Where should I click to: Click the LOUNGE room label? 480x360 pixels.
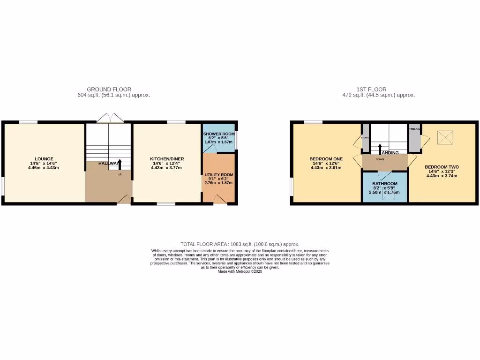[x=44, y=158]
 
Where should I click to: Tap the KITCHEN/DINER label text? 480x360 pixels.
[x=166, y=158]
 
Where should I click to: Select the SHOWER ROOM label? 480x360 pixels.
[x=218, y=134]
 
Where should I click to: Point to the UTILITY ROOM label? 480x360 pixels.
[x=219, y=175]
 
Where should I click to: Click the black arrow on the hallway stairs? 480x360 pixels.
[x=120, y=165]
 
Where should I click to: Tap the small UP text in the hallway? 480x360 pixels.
[x=120, y=174]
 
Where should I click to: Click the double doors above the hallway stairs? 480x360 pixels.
[x=111, y=118]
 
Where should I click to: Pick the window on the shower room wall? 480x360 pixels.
[x=236, y=140]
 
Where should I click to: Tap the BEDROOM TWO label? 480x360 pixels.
[x=442, y=167]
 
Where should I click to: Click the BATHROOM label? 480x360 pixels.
[x=385, y=184]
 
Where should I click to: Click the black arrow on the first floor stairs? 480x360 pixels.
[x=380, y=148]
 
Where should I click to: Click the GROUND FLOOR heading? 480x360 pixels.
[x=109, y=89]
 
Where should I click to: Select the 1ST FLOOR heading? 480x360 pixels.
[x=378, y=89]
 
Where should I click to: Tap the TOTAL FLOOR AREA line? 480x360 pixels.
[x=240, y=244]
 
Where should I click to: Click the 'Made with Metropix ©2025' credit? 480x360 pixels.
[x=240, y=271]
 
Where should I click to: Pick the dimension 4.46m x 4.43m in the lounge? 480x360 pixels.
[x=44, y=168]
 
